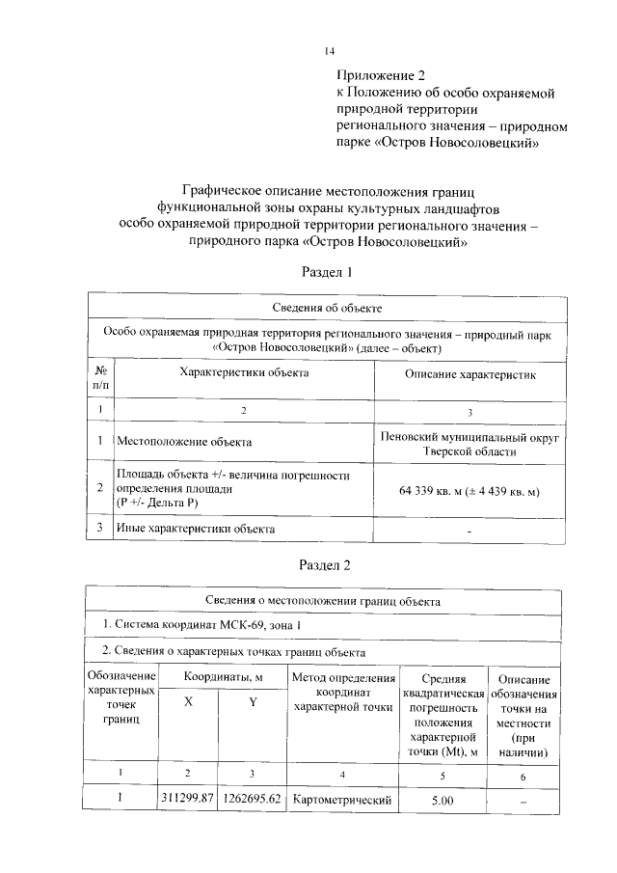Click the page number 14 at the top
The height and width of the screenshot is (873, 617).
click(329, 51)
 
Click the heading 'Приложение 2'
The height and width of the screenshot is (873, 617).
click(380, 74)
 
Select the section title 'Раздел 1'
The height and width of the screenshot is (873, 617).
click(328, 272)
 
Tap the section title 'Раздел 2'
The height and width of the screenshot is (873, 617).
click(328, 564)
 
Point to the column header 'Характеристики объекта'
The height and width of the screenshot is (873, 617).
click(244, 372)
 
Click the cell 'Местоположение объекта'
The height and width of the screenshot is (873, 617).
click(184, 442)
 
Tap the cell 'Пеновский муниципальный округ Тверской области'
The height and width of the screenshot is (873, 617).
click(470, 443)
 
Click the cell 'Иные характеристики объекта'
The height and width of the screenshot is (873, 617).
click(196, 529)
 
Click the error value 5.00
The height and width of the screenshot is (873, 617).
click(443, 800)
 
